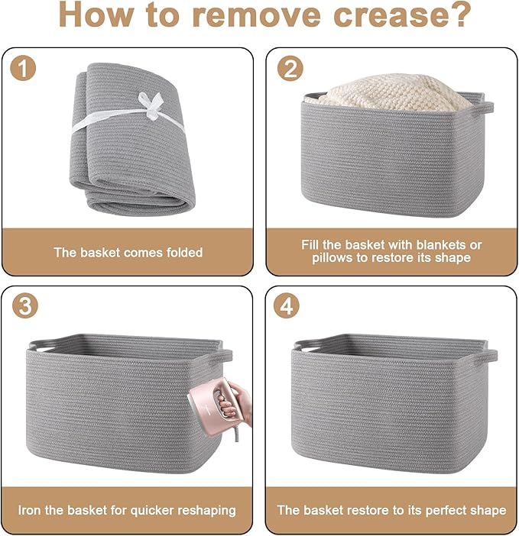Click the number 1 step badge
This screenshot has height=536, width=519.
(x=23, y=68)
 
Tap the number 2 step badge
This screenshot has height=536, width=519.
(x=290, y=68)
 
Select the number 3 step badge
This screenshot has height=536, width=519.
(x=25, y=305)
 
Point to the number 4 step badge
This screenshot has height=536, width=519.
(x=287, y=305)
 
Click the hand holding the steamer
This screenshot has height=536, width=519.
(x=236, y=403)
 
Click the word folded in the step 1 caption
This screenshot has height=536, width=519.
(x=185, y=252)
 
